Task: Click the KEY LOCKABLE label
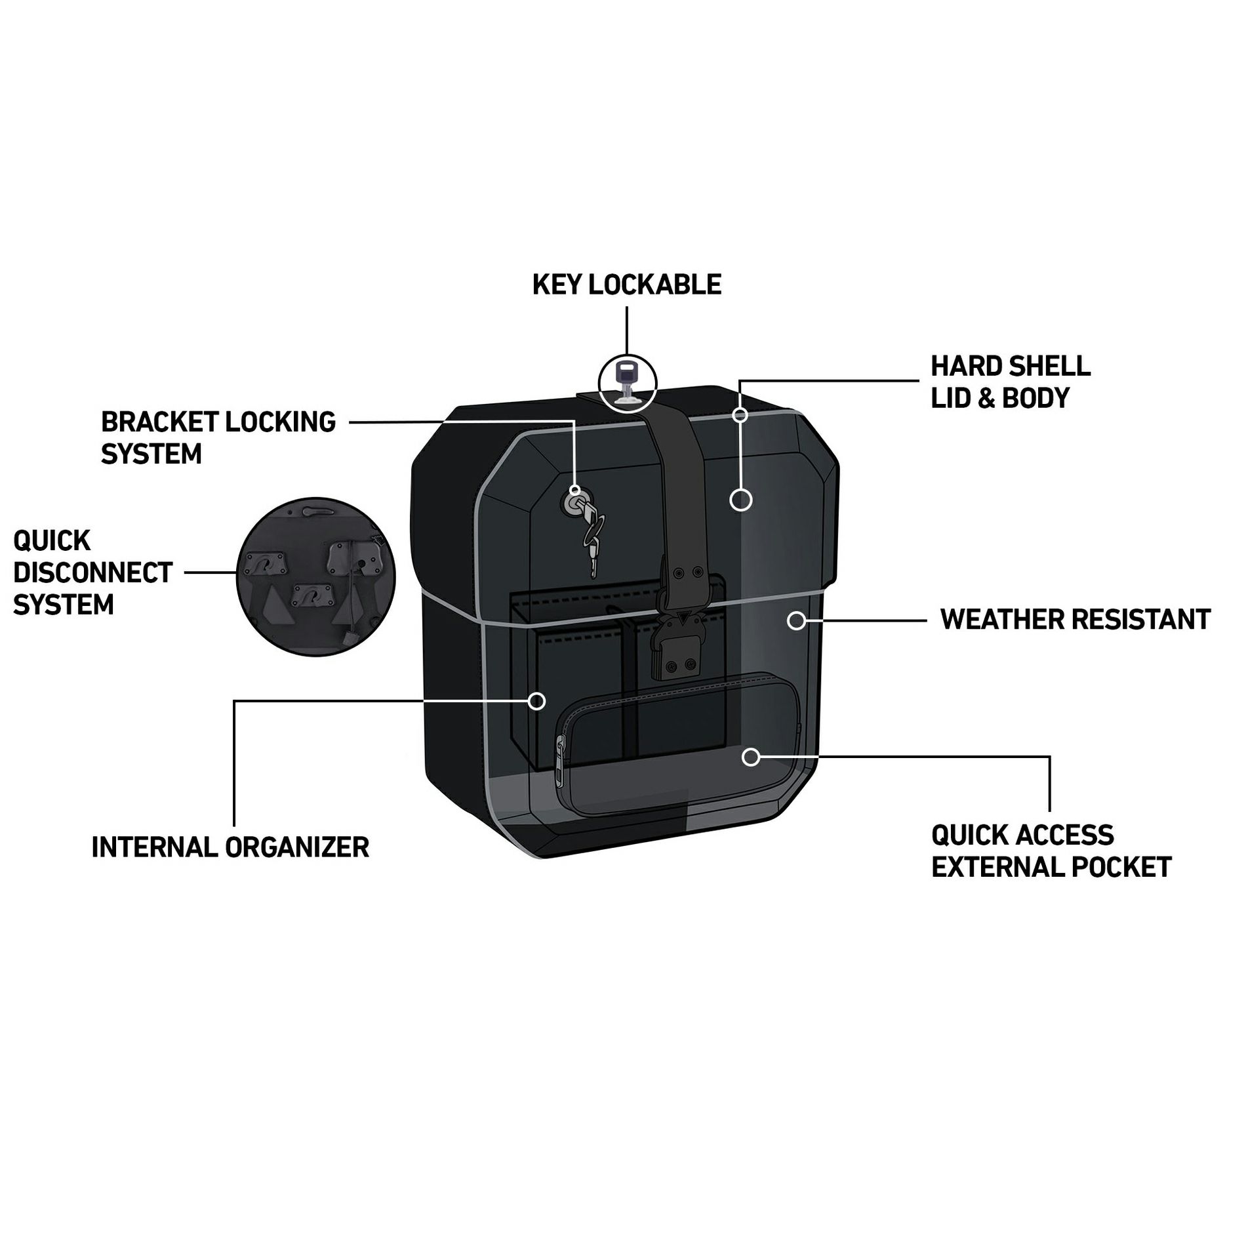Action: (626, 285)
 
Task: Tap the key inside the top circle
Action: (626, 382)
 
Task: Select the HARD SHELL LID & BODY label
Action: (1011, 382)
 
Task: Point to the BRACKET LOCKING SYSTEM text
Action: (218, 437)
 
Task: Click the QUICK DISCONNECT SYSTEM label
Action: (92, 573)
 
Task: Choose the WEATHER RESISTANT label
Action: (1075, 619)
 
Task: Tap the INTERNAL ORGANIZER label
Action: (230, 847)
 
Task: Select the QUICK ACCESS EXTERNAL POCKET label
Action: (1051, 851)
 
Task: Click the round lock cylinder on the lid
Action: (571, 502)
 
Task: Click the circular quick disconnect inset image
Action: (316, 576)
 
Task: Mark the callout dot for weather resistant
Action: (796, 620)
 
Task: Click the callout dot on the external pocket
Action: (751, 757)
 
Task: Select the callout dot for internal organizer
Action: (537, 701)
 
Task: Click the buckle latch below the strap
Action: (677, 647)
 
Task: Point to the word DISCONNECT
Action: (92, 573)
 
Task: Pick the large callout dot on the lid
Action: (741, 500)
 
